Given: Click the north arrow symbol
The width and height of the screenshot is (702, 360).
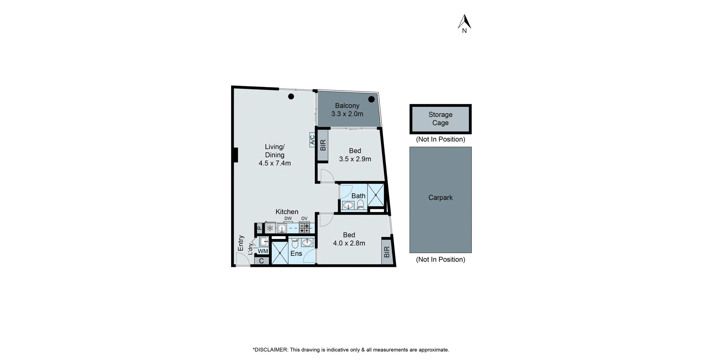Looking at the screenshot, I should pyautogui.click(x=464, y=22).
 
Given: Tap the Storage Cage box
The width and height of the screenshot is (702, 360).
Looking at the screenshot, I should pyautogui.click(x=440, y=119).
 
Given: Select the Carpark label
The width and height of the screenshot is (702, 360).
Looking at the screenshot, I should pyautogui.click(x=440, y=198).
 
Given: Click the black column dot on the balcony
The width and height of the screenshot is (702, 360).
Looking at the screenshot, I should pyautogui.click(x=371, y=99).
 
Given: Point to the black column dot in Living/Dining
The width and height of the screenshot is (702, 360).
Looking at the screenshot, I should pyautogui.click(x=291, y=96).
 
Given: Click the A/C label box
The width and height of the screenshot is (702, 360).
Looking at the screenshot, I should pyautogui.click(x=312, y=140).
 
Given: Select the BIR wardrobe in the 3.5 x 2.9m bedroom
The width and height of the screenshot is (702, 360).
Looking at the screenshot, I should pyautogui.click(x=323, y=145).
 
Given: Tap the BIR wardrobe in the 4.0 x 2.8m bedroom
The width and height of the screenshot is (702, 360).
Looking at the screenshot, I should pyautogui.click(x=387, y=251).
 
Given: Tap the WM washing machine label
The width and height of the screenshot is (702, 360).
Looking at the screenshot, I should pyautogui.click(x=263, y=251).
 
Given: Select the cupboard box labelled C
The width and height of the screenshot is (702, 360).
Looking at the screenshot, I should pyautogui.click(x=261, y=261).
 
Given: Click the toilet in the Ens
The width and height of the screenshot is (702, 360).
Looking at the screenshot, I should pyautogui.click(x=295, y=243).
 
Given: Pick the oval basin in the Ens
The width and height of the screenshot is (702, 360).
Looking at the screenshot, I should pyautogui.click(x=307, y=242).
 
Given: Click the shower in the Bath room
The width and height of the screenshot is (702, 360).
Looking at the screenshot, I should pyautogui.click(x=375, y=195).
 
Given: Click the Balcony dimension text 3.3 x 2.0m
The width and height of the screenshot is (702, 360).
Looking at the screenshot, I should pyautogui.click(x=347, y=114).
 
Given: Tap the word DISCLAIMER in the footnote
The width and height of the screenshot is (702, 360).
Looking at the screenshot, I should pyautogui.click(x=271, y=350).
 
